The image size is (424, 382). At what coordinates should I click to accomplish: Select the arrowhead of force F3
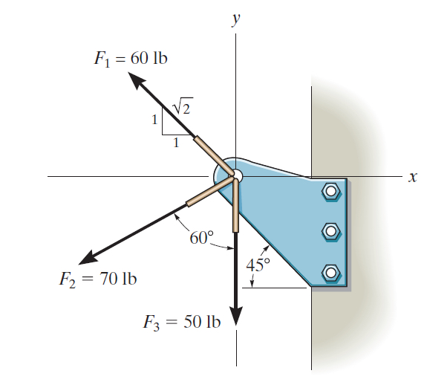[236, 315]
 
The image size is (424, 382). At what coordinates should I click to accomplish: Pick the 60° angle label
[200, 238]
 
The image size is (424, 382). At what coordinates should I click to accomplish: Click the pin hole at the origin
[235, 176]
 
